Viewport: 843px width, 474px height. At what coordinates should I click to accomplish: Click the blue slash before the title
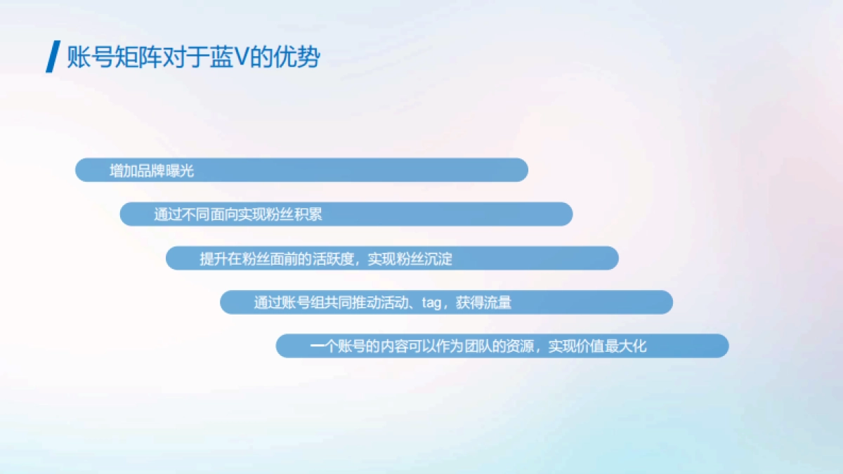[51, 57]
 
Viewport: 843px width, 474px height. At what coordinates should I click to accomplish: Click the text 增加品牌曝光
[152, 171]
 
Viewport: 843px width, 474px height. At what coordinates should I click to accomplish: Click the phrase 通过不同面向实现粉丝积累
[238, 215]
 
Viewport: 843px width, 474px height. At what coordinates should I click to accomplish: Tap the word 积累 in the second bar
[308, 215]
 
